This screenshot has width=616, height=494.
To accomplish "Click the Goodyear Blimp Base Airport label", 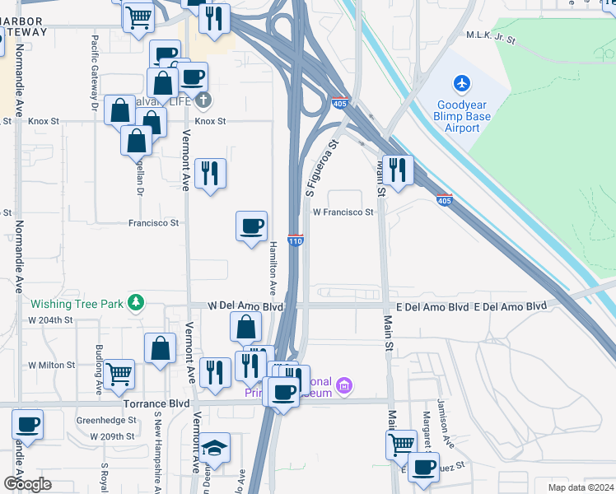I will (x=463, y=116).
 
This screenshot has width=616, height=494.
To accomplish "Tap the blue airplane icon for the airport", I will (x=463, y=84).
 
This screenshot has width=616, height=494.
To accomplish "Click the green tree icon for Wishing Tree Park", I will (x=136, y=304).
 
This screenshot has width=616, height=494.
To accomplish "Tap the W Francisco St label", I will (x=343, y=212).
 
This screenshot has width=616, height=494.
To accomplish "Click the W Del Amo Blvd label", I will (x=245, y=306).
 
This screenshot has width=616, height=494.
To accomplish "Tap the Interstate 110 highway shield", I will (x=296, y=240).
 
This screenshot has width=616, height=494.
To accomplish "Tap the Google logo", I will (x=27, y=484).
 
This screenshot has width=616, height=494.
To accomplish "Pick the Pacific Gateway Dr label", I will (x=94, y=73).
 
